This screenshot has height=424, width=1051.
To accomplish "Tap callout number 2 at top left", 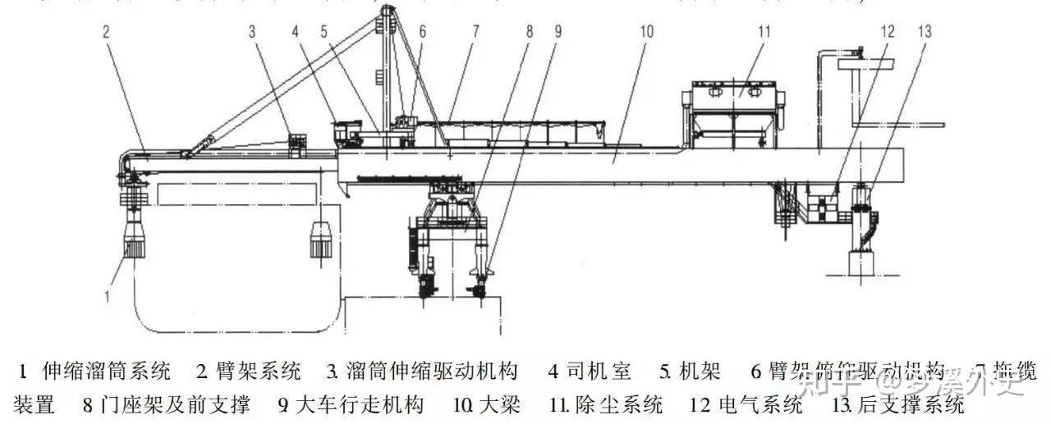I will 106,33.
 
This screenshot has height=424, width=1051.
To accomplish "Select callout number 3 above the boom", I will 254,33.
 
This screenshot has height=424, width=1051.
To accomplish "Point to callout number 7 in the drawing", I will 475,33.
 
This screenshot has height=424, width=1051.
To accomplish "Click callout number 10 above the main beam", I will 646,33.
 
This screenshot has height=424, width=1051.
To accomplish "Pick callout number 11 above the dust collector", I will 764,33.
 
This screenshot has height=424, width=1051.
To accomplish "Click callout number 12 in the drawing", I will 886,33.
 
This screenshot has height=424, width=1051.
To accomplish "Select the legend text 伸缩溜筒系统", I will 107,372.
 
